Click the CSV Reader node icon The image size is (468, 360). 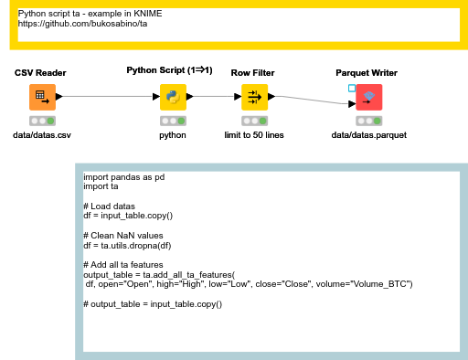click(x=41, y=96)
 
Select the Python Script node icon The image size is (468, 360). click(x=173, y=96)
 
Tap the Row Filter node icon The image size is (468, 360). click(x=253, y=96)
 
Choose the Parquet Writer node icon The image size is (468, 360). click(x=369, y=97)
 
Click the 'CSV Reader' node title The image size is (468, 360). click(x=40, y=72)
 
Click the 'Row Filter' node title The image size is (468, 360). click(x=253, y=72)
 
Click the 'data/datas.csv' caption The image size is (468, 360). click(x=41, y=135)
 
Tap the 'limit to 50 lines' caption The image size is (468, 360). click(x=253, y=135)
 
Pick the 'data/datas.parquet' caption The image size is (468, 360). click(x=369, y=135)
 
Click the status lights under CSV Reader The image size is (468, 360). click(x=41, y=121)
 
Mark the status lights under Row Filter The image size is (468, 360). click(x=253, y=121)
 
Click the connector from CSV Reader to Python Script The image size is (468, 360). click(x=107, y=96)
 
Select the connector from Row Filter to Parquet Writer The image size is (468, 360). click(x=311, y=100)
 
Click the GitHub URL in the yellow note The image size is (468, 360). click(x=81, y=24)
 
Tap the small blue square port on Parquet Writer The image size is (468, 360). click(x=352, y=89)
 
